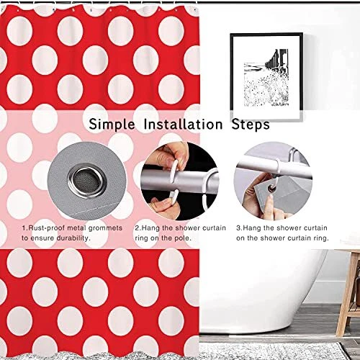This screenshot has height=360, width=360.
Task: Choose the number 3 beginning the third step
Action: pyautogui.click(x=238, y=228)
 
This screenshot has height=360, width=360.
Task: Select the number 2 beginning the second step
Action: pyautogui.click(x=136, y=228)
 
